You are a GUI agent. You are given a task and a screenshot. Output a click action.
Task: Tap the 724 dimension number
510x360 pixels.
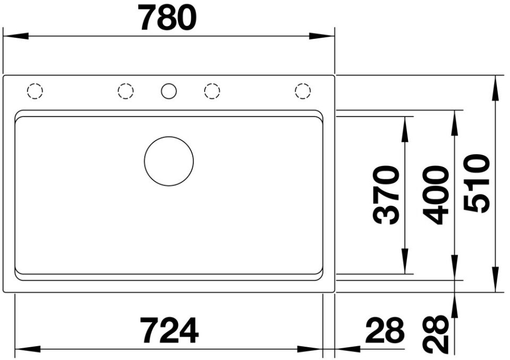(169, 330)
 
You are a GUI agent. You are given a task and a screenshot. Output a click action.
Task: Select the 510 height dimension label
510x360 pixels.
(476, 183)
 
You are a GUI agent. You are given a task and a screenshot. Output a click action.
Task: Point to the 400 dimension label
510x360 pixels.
(436, 195)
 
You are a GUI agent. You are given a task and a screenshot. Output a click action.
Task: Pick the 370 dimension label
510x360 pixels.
(386, 195)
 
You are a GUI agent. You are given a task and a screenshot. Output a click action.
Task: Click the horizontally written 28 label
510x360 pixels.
(385, 330)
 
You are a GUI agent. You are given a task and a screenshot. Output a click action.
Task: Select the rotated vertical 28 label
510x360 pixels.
(436, 334)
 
